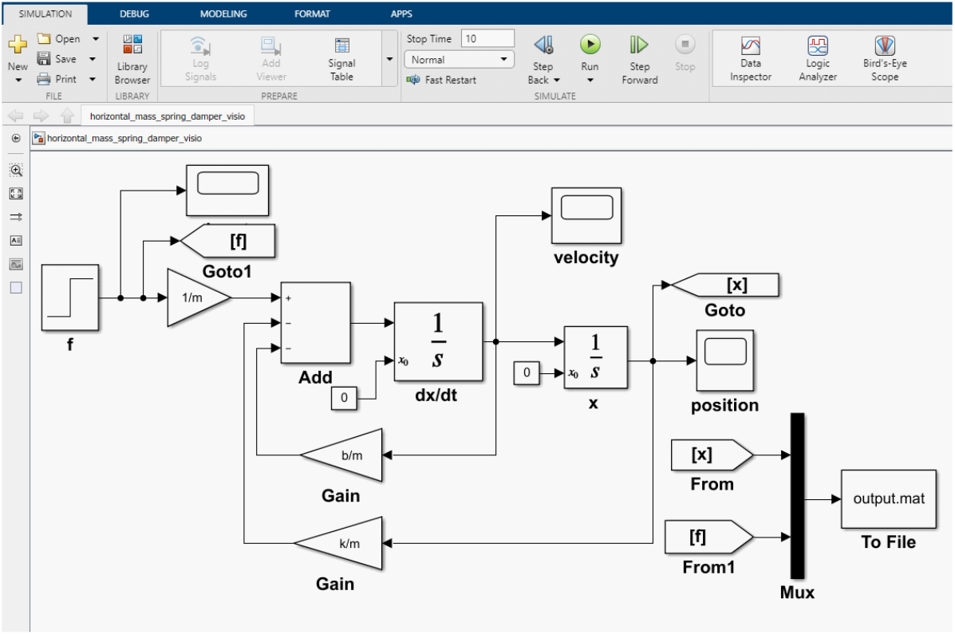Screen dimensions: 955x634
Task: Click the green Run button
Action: point(590,45)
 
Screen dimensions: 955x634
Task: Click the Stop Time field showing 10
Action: point(487,38)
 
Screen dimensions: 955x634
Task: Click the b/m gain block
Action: point(341,455)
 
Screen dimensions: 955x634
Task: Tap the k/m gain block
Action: point(338,543)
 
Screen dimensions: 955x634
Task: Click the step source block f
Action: point(70,297)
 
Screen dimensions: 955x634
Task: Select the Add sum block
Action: point(315,323)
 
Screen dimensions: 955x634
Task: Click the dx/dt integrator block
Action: point(439,341)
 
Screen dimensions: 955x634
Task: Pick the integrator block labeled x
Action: point(596,357)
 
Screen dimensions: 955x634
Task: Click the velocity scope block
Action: point(586,215)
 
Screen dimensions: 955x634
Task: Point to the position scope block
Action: point(724,360)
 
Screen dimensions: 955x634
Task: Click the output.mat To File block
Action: point(889,498)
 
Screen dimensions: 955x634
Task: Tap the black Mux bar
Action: point(797,496)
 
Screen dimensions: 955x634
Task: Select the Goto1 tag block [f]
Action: point(228,241)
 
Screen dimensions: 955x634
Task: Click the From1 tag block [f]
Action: point(709,537)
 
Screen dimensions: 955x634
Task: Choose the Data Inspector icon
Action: point(750,46)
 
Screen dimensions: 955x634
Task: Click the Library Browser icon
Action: point(132,45)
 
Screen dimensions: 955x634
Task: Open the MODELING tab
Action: point(223,14)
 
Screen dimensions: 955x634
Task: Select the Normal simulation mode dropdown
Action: point(460,60)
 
